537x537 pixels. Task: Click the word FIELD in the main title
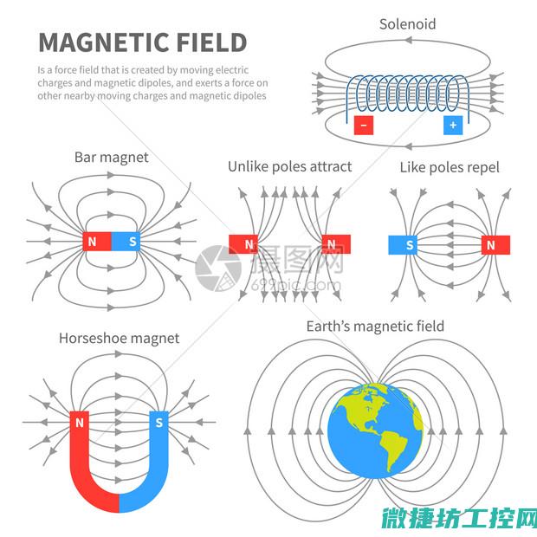[212, 42]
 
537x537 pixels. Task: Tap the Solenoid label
[408, 24]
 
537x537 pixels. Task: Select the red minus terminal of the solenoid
[364, 125]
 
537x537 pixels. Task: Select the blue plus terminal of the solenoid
[453, 125]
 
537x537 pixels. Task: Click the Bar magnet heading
[112, 158]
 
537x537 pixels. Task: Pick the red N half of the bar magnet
[97, 242]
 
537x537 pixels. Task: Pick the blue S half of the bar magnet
[126, 242]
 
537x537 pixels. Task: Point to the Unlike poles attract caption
[290, 167]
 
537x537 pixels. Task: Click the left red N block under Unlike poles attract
[243, 244]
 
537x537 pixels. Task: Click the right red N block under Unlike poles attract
[336, 244]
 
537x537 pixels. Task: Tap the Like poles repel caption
[450, 168]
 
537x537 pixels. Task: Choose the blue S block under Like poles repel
[403, 245]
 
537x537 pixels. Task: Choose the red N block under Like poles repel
[495, 245]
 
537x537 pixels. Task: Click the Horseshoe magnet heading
[120, 339]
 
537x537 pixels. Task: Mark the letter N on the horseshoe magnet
[80, 423]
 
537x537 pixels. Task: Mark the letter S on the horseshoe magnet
[159, 423]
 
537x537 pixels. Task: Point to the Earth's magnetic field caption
[375, 327]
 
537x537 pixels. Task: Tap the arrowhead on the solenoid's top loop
[408, 41]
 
